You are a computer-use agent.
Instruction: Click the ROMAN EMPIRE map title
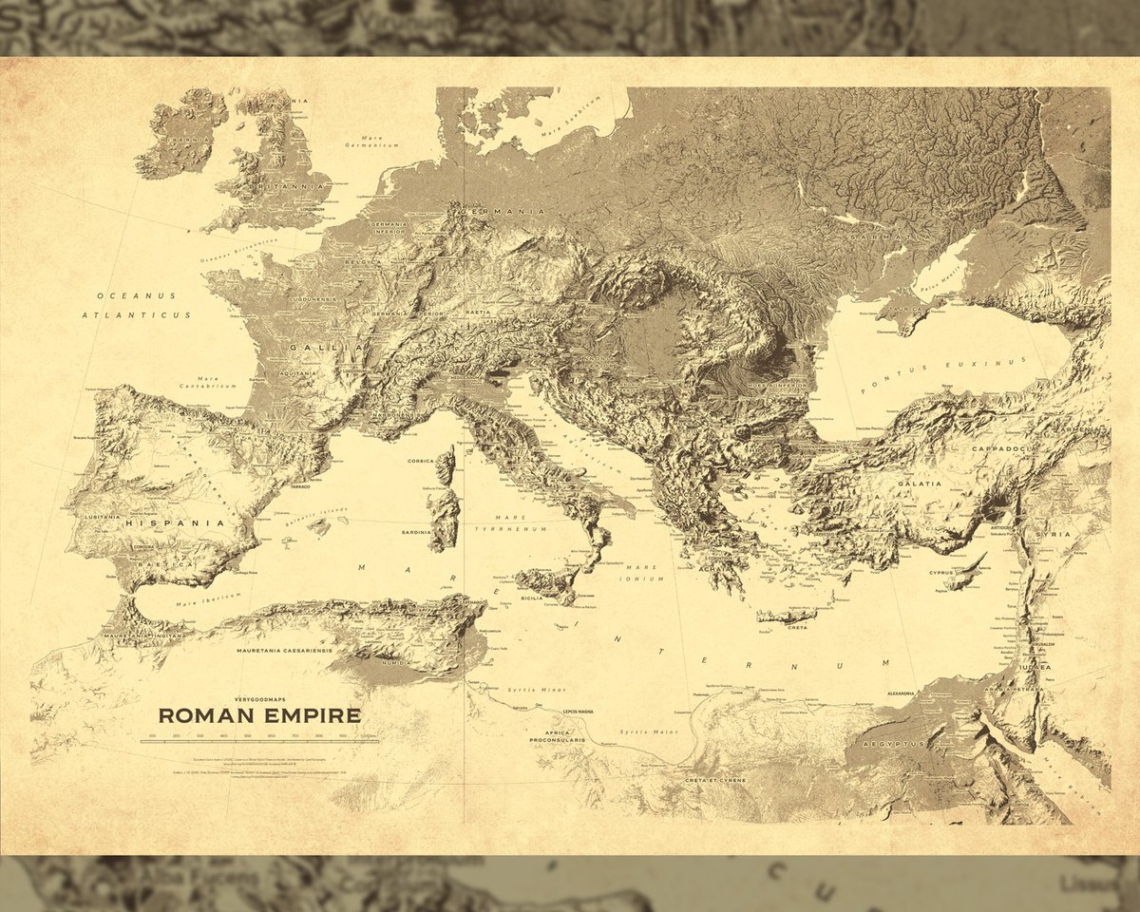pyautogui.click(x=258, y=714)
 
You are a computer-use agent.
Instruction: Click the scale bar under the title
pyautogui.click(x=258, y=741)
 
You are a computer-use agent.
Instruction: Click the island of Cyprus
pyautogui.click(x=968, y=571)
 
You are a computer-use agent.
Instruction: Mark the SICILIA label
pyautogui.click(x=532, y=598)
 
